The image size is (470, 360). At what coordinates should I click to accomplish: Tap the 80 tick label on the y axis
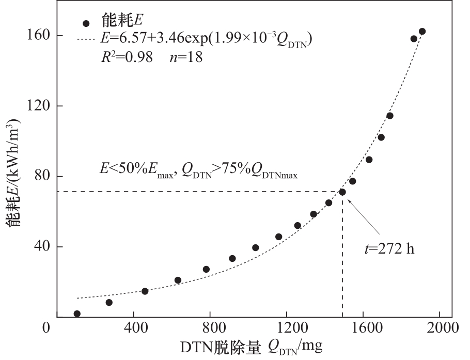click(41, 176)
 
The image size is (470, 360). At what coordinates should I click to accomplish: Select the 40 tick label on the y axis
click(41, 247)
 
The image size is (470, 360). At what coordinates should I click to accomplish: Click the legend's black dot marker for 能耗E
click(86, 23)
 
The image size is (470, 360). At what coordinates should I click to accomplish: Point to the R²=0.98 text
click(127, 57)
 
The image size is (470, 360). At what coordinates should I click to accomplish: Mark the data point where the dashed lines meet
click(342, 192)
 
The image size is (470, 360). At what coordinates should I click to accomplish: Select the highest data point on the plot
click(422, 32)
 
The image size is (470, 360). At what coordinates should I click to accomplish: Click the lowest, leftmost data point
click(77, 314)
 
